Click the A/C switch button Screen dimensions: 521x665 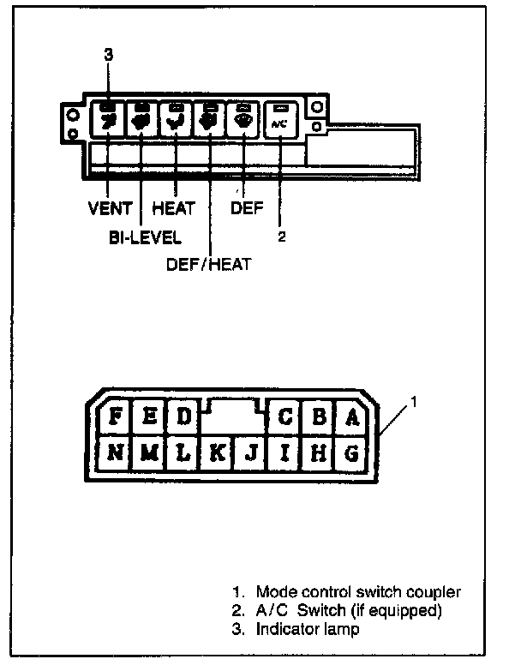point(280,121)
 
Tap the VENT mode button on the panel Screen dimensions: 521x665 point(108,119)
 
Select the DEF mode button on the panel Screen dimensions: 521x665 point(243,119)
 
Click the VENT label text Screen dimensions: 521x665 point(110,208)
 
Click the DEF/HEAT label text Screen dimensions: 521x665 point(208,264)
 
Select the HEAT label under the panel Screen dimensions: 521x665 point(173,208)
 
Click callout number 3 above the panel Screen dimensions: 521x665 point(108,55)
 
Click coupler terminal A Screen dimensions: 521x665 point(350,417)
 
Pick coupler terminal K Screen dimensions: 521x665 point(217,452)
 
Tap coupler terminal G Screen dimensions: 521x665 point(350,452)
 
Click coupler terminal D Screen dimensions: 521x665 point(182,417)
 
